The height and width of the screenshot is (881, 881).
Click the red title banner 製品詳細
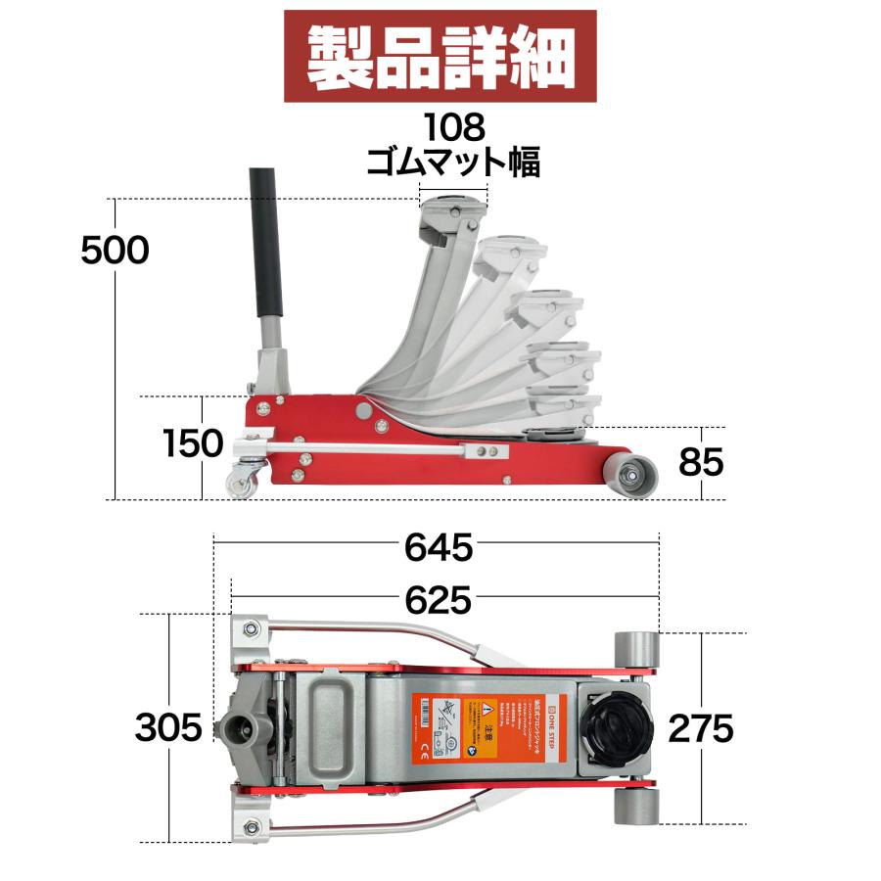440,56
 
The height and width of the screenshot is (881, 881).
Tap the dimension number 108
453,126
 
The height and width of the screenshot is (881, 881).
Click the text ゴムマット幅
453,161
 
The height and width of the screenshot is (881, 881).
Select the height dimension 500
115,251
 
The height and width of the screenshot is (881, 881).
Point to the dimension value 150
194,443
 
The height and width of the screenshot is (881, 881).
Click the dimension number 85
701,462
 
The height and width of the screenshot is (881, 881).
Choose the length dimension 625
439,598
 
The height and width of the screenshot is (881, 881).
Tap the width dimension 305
168,728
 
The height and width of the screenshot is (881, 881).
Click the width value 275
700,728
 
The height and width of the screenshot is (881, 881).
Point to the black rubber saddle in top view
616,727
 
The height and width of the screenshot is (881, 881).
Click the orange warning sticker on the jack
484,727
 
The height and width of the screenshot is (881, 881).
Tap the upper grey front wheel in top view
636,649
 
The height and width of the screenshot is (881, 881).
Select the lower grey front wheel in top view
636,806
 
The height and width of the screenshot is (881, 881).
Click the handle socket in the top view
237,728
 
